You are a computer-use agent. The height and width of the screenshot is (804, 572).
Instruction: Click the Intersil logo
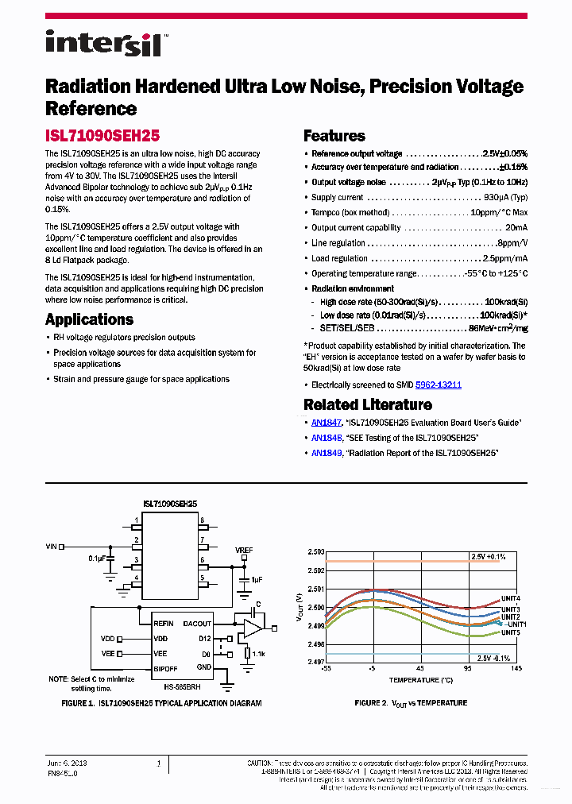103,43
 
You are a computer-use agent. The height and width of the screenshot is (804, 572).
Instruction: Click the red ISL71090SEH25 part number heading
102,136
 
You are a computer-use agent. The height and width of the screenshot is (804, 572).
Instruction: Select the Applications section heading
89,319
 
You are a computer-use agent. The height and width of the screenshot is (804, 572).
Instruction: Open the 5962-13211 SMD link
439,385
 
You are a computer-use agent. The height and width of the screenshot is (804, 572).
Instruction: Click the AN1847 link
326,423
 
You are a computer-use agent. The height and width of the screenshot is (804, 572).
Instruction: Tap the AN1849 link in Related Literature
326,453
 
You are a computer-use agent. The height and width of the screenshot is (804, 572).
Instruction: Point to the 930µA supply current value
505,197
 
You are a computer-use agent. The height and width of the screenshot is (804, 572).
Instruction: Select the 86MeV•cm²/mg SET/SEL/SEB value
497,328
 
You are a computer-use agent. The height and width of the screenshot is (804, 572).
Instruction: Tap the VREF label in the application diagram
244,550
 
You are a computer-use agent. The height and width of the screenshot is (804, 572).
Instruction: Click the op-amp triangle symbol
253,628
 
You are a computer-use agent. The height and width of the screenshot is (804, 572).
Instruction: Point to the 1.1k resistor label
258,653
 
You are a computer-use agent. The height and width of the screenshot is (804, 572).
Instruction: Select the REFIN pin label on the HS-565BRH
164,624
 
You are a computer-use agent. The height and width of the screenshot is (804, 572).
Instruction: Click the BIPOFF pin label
166,667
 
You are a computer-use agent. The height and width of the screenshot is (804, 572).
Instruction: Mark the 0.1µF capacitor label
97,559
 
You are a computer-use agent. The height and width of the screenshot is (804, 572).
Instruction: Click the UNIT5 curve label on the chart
510,632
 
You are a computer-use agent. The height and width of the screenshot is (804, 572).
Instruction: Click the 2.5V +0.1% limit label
488,557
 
